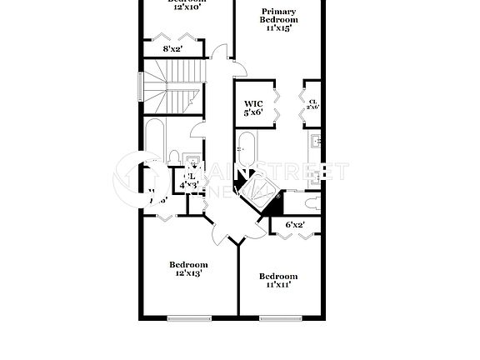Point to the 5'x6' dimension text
pyautogui.click(x=253, y=112)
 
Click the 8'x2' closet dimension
pyautogui.click(x=172, y=49)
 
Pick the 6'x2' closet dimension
pyautogui.click(x=295, y=224)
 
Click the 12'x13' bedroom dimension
pyautogui.click(x=188, y=272)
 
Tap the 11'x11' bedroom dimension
pyautogui.click(x=277, y=285)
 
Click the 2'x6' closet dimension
pyautogui.click(x=312, y=106)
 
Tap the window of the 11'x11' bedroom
pyautogui.click(x=277, y=317)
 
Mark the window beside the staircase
pyautogui.click(x=141, y=86)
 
